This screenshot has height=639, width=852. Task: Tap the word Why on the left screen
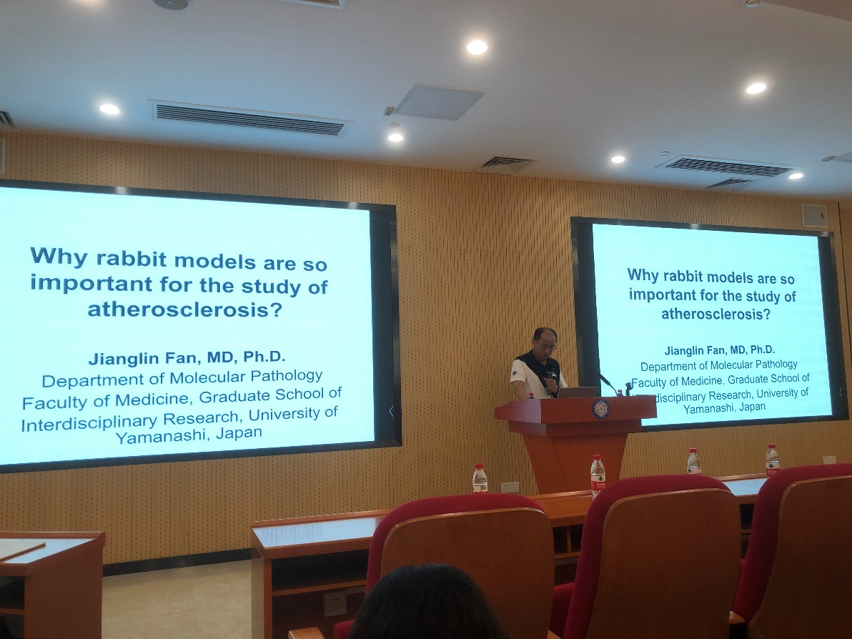pyautogui.click(x=59, y=256)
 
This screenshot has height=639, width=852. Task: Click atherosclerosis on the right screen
pyautogui.click(x=715, y=314)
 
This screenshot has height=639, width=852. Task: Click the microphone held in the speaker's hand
pyautogui.click(x=550, y=375)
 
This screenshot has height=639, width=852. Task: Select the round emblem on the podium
pyautogui.click(x=600, y=409)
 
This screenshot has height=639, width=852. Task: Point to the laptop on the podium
pyautogui.click(x=578, y=392)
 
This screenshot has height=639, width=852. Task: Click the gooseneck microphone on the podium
pyautogui.click(x=608, y=384)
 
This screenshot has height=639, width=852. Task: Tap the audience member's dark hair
pyautogui.click(x=425, y=603)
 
